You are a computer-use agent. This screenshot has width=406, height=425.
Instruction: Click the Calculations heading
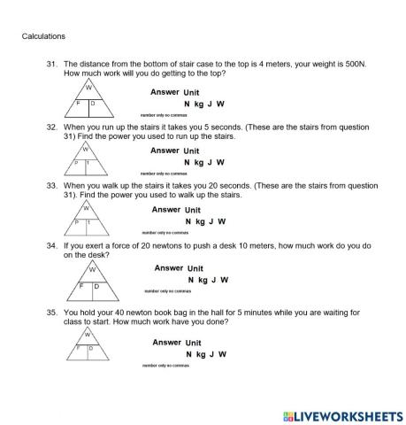click(43, 36)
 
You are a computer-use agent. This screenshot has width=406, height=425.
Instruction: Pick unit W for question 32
click(220, 162)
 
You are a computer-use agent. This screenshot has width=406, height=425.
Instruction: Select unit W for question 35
click(221, 353)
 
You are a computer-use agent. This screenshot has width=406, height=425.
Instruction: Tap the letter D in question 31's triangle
click(93, 104)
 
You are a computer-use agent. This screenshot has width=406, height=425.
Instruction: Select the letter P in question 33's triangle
click(77, 222)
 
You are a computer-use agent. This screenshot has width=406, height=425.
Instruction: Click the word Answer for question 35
click(166, 342)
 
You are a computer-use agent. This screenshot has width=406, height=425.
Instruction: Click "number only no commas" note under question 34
click(167, 290)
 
